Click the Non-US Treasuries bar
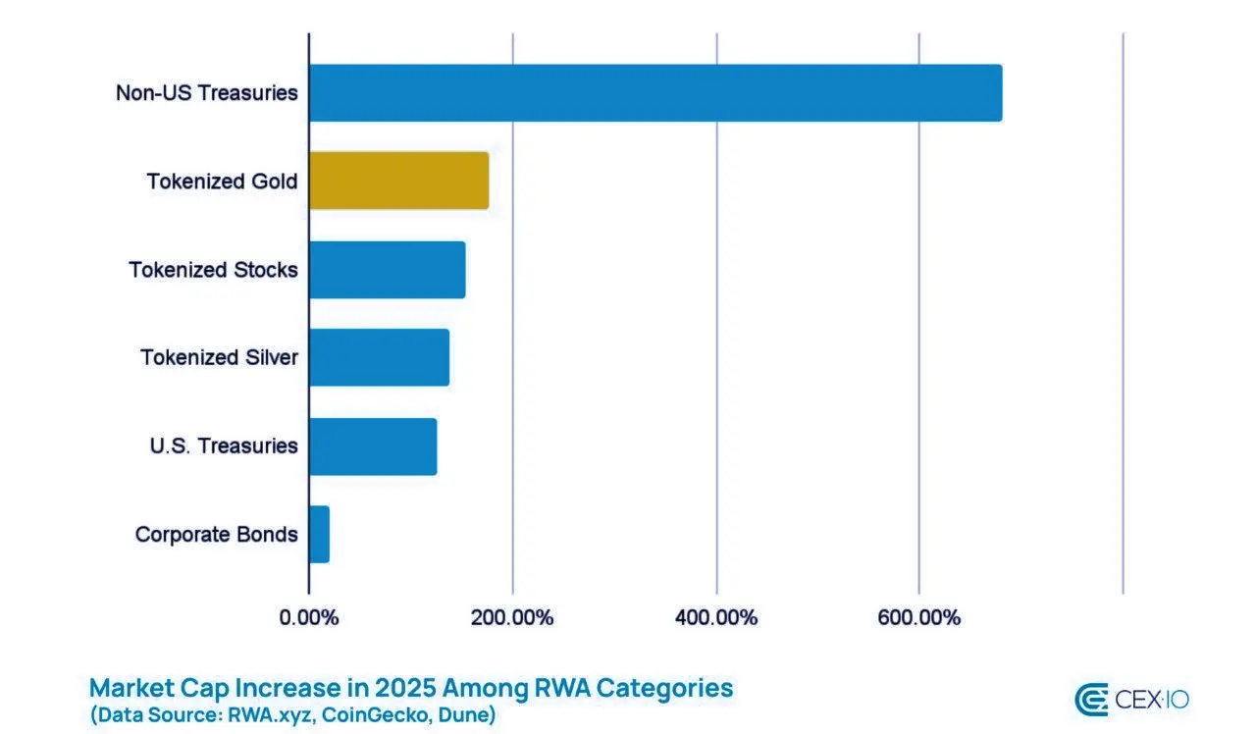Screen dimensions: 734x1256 pyautogui.click(x=655, y=93)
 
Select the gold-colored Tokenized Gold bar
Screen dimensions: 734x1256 pyautogui.click(x=398, y=181)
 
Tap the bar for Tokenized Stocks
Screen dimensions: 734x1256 pyautogui.click(x=387, y=269)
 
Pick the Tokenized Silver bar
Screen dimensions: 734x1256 pyautogui.click(x=379, y=357)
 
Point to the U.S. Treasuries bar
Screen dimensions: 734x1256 pyautogui.click(x=373, y=446)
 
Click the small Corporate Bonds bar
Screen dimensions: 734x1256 pyautogui.click(x=319, y=534)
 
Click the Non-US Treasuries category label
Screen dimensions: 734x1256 pyautogui.click(x=206, y=93)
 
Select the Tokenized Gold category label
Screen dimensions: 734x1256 pyautogui.click(x=222, y=182)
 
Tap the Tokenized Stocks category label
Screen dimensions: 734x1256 pyautogui.click(x=213, y=270)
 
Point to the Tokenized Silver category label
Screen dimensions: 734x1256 pyautogui.click(x=219, y=357)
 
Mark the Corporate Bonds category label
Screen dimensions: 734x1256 pyautogui.click(x=216, y=535)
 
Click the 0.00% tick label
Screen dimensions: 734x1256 pyautogui.click(x=309, y=618)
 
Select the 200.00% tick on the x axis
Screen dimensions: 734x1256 pyautogui.click(x=512, y=618)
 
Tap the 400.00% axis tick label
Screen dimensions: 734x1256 pyautogui.click(x=716, y=618)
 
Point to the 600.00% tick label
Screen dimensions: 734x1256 pyautogui.click(x=919, y=618)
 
